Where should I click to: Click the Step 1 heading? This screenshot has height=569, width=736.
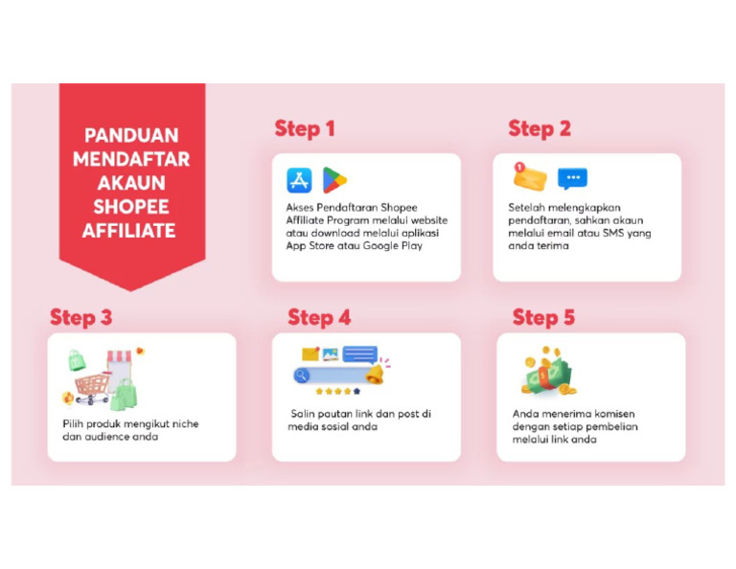(305, 128)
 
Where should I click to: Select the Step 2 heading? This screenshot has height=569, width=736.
(539, 128)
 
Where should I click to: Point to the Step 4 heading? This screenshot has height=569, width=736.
(319, 317)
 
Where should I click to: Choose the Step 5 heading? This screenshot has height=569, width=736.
(543, 317)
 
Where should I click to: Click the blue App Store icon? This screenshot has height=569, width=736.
(299, 180)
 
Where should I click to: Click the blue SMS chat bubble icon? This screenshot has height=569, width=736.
(572, 178)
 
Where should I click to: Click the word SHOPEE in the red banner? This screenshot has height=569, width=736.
(130, 207)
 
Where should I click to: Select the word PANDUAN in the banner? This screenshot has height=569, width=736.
(130, 135)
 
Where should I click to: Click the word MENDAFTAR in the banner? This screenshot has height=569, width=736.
(130, 159)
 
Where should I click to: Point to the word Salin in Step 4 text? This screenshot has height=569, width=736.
(302, 414)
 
